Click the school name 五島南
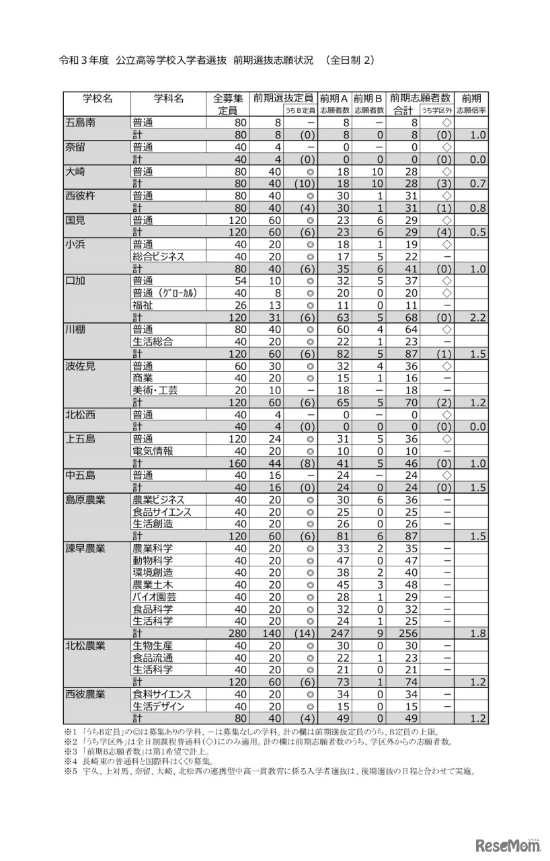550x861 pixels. tap(80, 122)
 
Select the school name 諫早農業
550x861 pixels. tap(85, 548)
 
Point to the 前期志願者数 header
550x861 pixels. tap(420, 98)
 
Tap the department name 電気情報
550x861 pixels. tap(153, 451)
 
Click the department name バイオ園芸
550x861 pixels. tap(153, 597)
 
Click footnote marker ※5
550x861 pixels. tap(71, 772)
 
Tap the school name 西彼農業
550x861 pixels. tap(85, 694)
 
